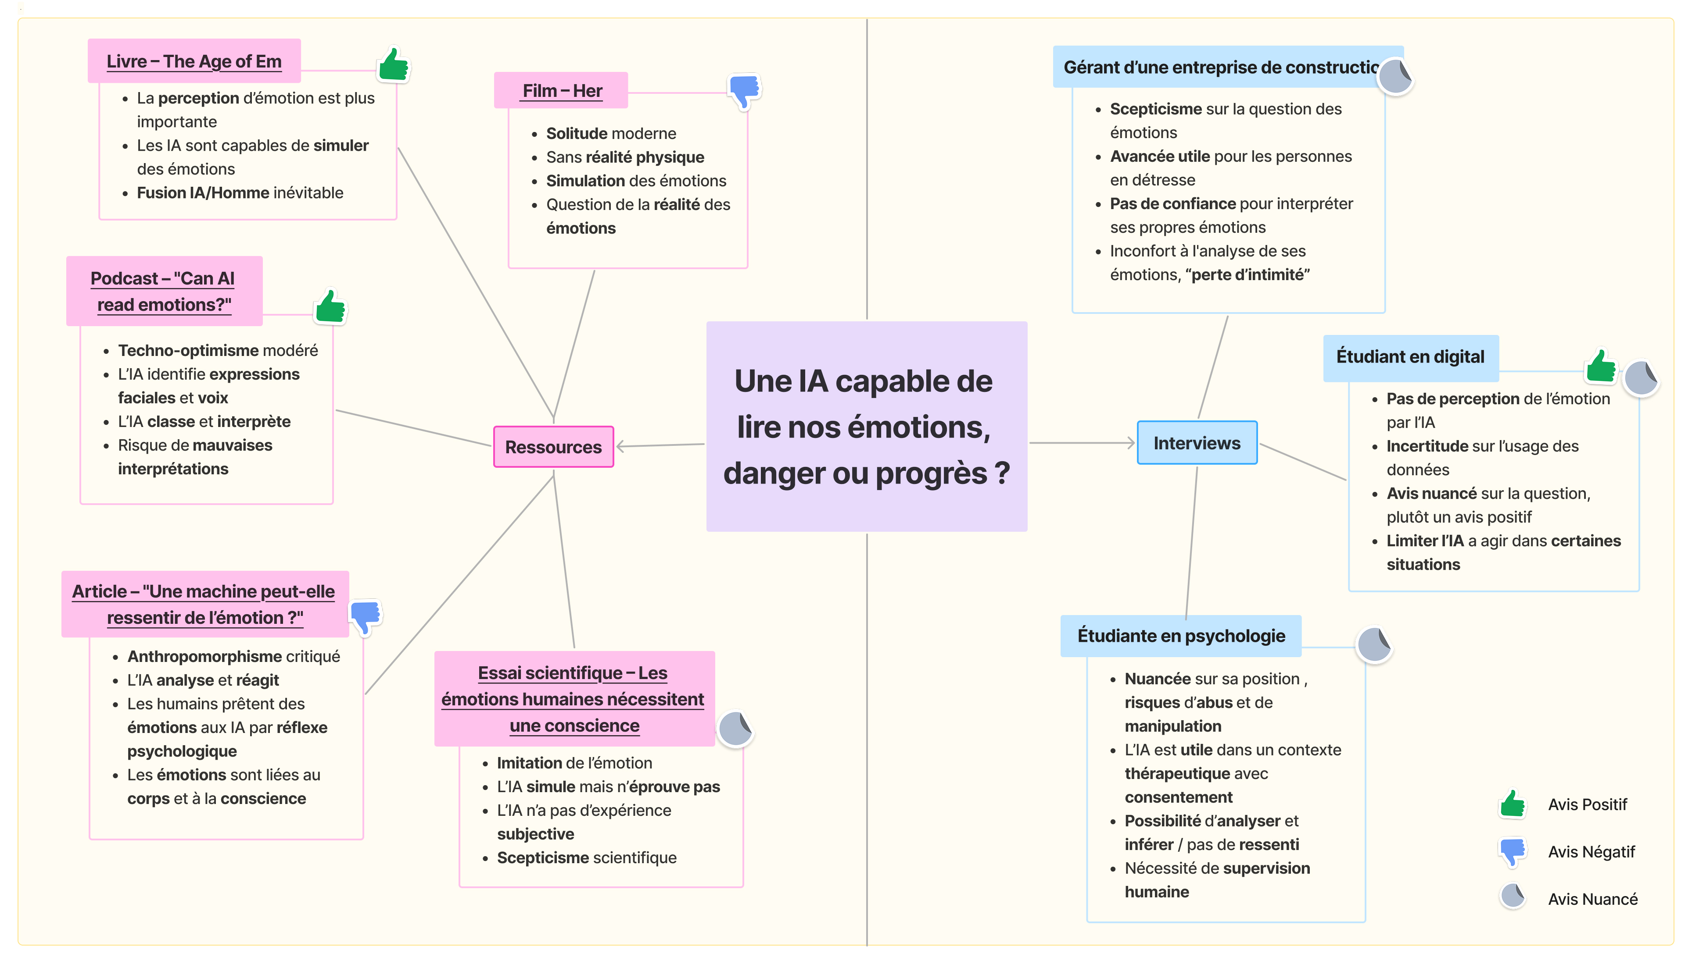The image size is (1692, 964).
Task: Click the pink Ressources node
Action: tap(553, 447)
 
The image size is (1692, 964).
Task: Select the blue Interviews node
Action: tap(1197, 443)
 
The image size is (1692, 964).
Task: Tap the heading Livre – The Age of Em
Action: tap(194, 61)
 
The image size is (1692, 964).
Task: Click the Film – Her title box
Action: tap(562, 91)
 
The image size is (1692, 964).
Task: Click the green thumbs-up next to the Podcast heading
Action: tap(330, 306)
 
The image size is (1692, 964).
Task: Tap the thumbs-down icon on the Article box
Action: tap(365, 616)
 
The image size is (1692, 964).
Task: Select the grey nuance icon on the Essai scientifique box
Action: tap(735, 729)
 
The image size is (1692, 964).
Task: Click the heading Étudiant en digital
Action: tap(1410, 357)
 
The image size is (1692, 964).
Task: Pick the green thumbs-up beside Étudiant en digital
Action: tap(1601, 366)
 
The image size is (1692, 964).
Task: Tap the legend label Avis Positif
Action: tap(1587, 804)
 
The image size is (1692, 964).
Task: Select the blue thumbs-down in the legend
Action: tap(1513, 851)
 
